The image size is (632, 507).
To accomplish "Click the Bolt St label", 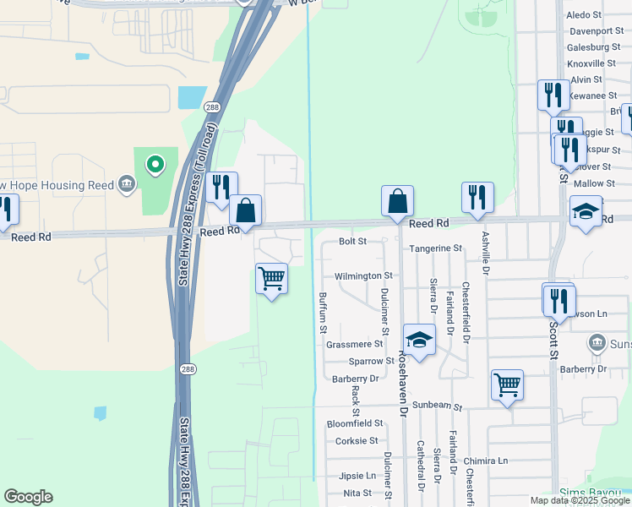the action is [x=352, y=241].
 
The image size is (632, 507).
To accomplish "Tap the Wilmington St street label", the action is [x=363, y=275].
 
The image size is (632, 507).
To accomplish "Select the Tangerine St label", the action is [x=435, y=248].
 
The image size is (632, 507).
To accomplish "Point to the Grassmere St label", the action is [x=354, y=344].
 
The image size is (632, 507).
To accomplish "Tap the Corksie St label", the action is [x=357, y=440].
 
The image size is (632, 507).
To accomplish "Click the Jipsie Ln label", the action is [x=357, y=476].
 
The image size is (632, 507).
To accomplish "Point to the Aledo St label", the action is [x=584, y=14].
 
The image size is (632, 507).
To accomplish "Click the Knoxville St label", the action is [x=591, y=63].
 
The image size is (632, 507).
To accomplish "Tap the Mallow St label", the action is [x=594, y=183].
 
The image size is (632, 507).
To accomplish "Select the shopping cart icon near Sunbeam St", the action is [x=507, y=384].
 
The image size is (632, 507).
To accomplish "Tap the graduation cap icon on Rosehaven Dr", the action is [x=418, y=340].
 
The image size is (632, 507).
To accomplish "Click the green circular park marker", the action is [x=155, y=164].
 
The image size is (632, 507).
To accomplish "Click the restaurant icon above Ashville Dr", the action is [x=477, y=197].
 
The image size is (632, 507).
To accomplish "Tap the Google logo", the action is [x=28, y=497].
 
